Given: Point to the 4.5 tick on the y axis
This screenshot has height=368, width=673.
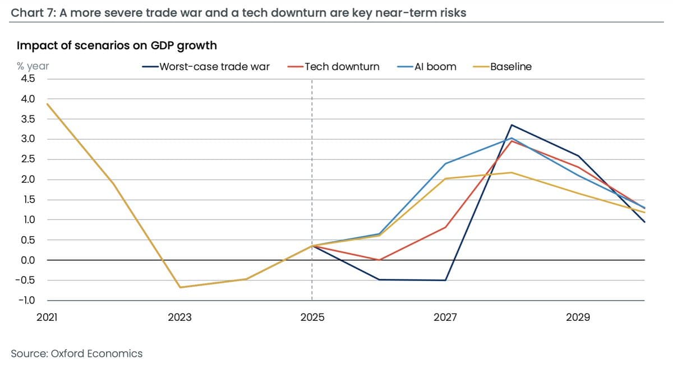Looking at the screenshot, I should [28, 79].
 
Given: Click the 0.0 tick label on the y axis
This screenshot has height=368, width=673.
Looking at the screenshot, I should [28, 260].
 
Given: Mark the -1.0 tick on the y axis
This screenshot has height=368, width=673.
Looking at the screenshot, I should [27, 301].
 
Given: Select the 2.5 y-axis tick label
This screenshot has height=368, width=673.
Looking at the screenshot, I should [28, 159].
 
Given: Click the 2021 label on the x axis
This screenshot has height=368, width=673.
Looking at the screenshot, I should [47, 318].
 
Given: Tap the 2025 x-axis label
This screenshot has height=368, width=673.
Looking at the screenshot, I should [312, 318].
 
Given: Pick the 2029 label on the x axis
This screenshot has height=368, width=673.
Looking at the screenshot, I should [578, 318].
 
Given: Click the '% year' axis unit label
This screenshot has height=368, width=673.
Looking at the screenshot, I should [33, 66].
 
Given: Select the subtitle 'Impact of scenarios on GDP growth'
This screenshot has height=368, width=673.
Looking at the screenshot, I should [117, 45].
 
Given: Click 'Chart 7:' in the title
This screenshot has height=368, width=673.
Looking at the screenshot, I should [33, 12].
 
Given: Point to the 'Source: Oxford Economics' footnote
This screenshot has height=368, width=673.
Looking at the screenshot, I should [77, 353].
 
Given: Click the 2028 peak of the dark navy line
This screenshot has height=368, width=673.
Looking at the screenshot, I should [511, 125].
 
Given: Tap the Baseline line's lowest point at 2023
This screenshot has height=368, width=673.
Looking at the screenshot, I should [180, 287].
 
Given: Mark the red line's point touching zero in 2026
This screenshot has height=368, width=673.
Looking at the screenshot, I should [379, 260].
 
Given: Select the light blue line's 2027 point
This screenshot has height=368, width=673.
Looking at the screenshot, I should [445, 163].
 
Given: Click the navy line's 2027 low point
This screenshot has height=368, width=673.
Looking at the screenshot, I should [445, 280].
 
